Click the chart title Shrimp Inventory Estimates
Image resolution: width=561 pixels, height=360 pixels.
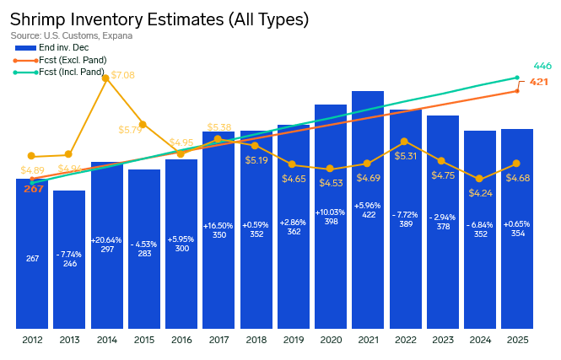[x=159, y=19]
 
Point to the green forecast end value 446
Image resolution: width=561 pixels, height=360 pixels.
[x=542, y=66]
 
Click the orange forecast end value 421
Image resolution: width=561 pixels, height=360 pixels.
[x=539, y=83]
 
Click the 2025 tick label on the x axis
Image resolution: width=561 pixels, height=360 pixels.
[x=516, y=340]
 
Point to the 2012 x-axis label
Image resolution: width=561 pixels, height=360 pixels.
[x=32, y=340]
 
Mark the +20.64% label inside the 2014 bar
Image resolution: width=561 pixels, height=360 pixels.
[x=107, y=240]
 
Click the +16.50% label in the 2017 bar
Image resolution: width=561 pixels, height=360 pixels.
[x=218, y=226]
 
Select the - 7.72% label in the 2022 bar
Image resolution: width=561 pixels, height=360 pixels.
[x=405, y=215]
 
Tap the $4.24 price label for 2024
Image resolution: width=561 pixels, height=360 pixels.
[x=479, y=192]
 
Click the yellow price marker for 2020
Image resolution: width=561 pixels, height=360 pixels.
[x=331, y=169]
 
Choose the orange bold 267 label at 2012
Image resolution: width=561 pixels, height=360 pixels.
[x=33, y=189]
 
